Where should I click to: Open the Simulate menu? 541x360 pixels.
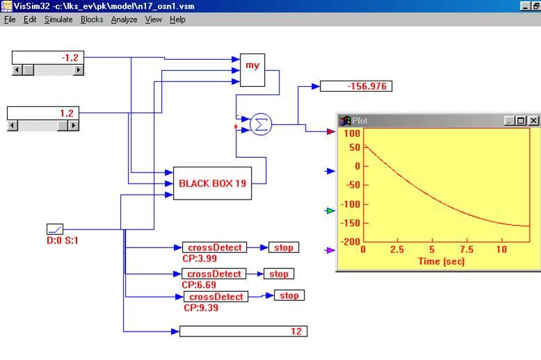click(58, 19)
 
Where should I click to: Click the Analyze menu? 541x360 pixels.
click(124, 19)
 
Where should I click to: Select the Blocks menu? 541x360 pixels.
click(92, 19)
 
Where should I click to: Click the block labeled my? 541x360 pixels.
click(252, 69)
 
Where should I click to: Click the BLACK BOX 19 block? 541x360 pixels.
click(212, 183)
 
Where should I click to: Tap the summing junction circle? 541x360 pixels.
click(261, 124)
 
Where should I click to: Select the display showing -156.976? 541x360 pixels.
click(356, 86)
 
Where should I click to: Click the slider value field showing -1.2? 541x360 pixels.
click(48, 58)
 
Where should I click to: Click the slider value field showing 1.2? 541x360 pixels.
click(43, 113)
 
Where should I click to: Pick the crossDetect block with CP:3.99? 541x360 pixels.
click(216, 247)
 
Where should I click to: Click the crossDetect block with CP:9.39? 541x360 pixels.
click(216, 297)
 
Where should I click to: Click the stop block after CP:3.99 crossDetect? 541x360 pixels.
click(284, 247)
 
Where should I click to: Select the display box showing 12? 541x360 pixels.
click(243, 332)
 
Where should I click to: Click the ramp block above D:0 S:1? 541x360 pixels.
click(55, 229)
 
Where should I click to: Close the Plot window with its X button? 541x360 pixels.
click(533, 120)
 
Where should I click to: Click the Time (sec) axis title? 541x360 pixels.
click(441, 261)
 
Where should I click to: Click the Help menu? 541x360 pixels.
click(177, 19)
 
